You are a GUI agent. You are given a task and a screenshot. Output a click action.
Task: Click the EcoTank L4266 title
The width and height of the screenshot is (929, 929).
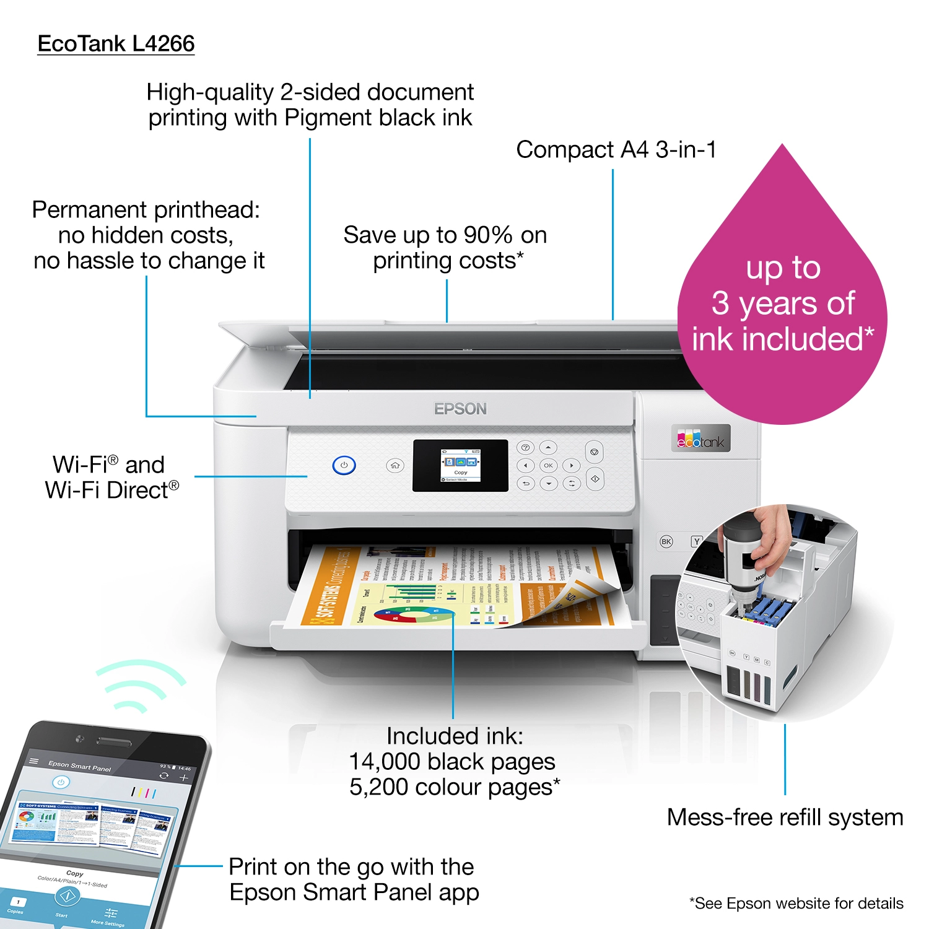(116, 44)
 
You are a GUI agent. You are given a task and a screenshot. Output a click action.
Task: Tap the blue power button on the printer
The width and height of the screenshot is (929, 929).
(344, 465)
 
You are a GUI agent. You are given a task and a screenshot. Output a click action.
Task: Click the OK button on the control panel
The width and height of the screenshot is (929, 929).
(548, 465)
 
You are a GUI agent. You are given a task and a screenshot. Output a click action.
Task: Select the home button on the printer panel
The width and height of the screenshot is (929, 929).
(395, 465)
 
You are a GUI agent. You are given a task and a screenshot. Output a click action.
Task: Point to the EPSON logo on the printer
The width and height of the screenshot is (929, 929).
(460, 409)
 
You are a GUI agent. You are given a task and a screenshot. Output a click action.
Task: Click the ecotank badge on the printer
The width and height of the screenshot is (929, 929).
(700, 438)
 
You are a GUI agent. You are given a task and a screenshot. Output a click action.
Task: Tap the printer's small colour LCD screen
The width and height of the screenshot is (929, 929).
(460, 466)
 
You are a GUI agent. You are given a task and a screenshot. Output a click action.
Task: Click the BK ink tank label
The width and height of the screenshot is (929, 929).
(666, 541)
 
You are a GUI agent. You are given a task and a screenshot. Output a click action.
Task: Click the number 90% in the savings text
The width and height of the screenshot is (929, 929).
(488, 235)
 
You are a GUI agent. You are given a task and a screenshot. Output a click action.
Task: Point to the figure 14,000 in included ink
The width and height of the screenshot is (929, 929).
(385, 762)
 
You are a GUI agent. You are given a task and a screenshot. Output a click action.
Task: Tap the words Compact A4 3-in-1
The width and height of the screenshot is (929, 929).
(616, 150)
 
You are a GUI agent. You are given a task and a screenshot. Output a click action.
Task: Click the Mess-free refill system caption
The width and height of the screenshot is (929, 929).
(785, 818)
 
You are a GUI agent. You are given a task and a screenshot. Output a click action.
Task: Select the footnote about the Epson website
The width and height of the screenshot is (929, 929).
(796, 904)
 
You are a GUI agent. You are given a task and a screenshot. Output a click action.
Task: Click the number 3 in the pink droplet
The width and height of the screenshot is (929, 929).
(720, 303)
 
